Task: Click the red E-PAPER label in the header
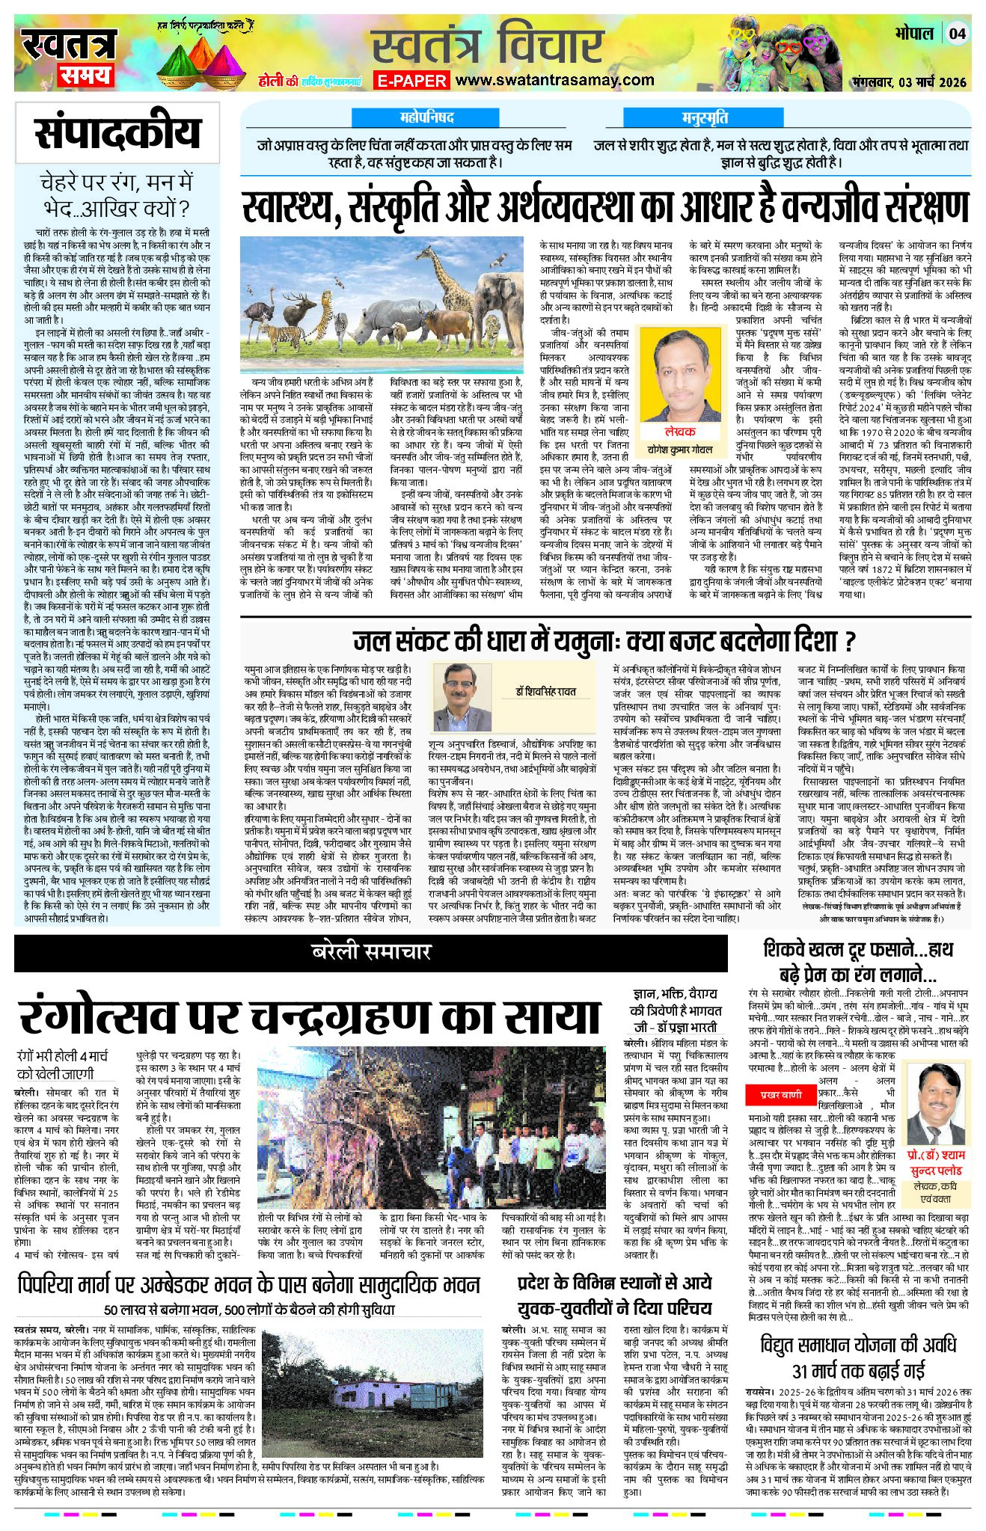[411, 81]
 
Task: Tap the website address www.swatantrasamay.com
[554, 80]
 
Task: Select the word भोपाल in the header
[913, 34]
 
